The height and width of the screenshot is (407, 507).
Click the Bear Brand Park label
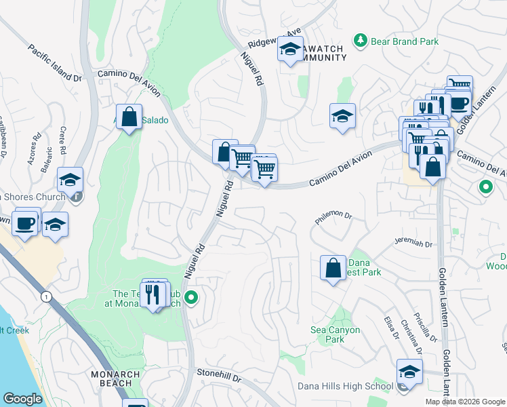pyautogui.click(x=405, y=41)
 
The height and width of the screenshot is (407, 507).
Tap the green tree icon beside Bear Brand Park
pyautogui.click(x=361, y=41)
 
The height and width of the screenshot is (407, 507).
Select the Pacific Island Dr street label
pyautogui.click(x=55, y=64)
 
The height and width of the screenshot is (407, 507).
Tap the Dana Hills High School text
pyautogui.click(x=345, y=387)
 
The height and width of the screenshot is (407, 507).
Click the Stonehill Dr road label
pyautogui.click(x=218, y=372)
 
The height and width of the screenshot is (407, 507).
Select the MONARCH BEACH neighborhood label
pyautogui.click(x=115, y=379)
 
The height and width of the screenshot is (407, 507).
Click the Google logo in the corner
pyautogui.click(x=22, y=399)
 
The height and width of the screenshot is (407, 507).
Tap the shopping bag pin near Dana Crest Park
pyautogui.click(x=333, y=267)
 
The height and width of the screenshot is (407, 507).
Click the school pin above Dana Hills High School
pyautogui.click(x=409, y=371)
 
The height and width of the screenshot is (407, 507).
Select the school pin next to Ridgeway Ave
pyautogui.click(x=291, y=50)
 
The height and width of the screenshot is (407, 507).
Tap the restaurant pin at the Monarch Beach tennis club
pyautogui.click(x=155, y=294)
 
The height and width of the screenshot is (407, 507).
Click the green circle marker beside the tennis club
pyautogui.click(x=192, y=296)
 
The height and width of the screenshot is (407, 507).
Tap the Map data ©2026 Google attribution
pyautogui.click(x=465, y=402)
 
